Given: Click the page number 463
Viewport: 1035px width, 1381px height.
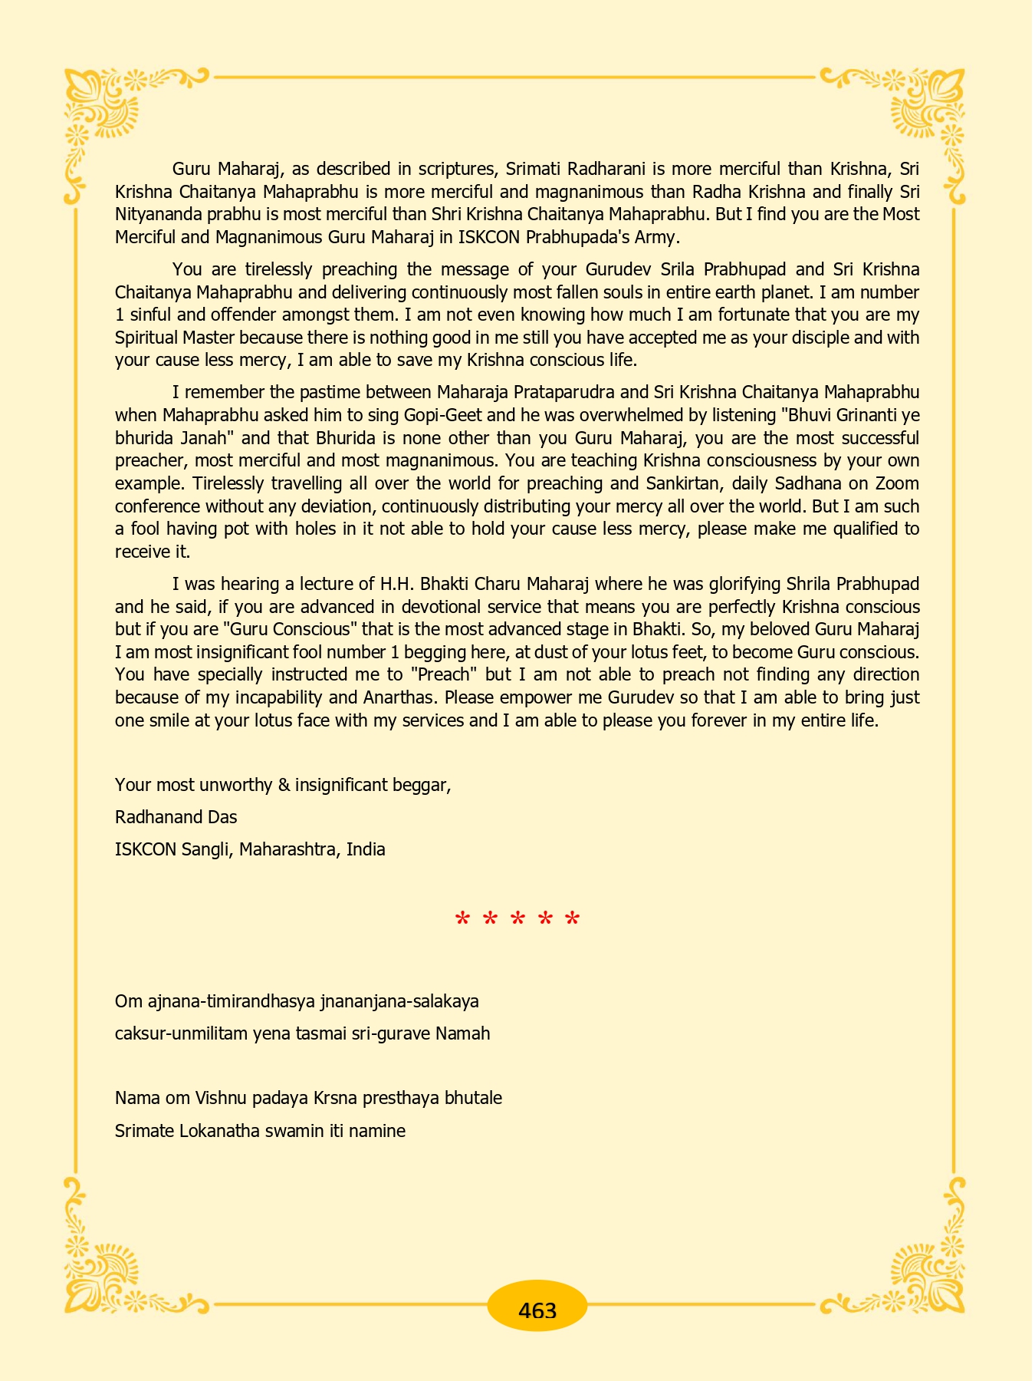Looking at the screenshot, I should click(x=537, y=1310).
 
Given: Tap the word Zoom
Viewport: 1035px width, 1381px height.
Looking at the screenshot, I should click(x=897, y=484).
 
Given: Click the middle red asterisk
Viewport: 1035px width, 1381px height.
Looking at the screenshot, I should click(x=517, y=919).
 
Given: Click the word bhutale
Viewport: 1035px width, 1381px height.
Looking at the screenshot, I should click(x=473, y=1098).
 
